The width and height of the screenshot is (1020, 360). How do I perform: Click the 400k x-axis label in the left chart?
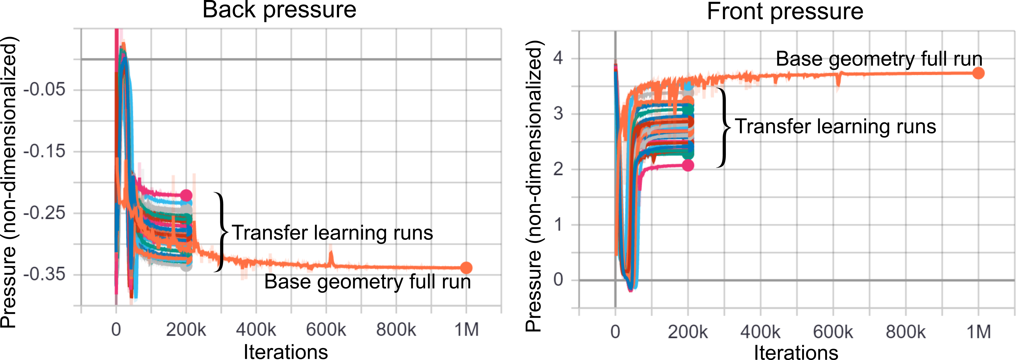point(256,329)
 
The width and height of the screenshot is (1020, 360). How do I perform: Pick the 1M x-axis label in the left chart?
point(466,329)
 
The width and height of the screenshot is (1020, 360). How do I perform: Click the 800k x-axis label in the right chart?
point(905,332)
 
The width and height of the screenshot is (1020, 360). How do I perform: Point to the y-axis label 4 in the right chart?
point(558,58)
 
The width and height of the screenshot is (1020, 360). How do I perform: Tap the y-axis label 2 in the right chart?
point(558,169)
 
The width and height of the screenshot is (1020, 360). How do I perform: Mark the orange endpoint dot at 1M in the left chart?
point(466,268)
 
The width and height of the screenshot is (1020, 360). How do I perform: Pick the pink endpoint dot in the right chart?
point(688,165)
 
